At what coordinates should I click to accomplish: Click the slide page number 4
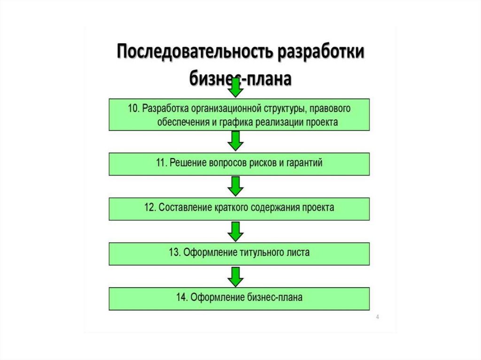tap(377, 318)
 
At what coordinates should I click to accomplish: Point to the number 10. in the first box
tap(134, 108)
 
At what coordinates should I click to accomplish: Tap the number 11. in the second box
tap(162, 163)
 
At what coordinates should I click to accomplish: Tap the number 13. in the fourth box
tap(175, 253)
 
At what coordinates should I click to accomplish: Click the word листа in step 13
tap(297, 253)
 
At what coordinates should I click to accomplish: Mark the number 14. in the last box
tap(182, 297)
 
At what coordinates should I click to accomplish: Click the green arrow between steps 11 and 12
tap(235, 186)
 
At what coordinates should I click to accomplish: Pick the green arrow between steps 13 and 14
tap(235, 276)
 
